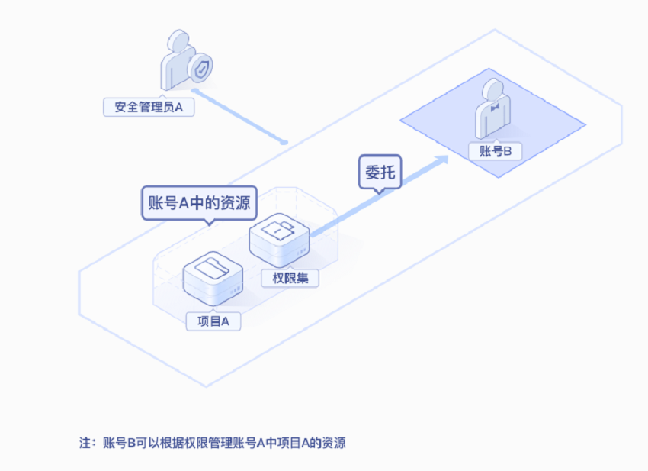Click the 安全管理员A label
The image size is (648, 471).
point(149,107)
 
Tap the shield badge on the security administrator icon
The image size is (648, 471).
point(200,68)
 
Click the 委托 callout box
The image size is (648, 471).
point(380,172)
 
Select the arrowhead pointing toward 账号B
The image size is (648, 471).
point(441,159)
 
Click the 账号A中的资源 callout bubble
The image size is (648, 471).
point(200,204)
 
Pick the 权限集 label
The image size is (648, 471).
point(290,278)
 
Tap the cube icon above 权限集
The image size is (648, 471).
point(279,237)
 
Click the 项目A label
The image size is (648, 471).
point(213,321)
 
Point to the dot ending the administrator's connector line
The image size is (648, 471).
point(284,142)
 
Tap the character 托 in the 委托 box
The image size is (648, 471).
point(388,172)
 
